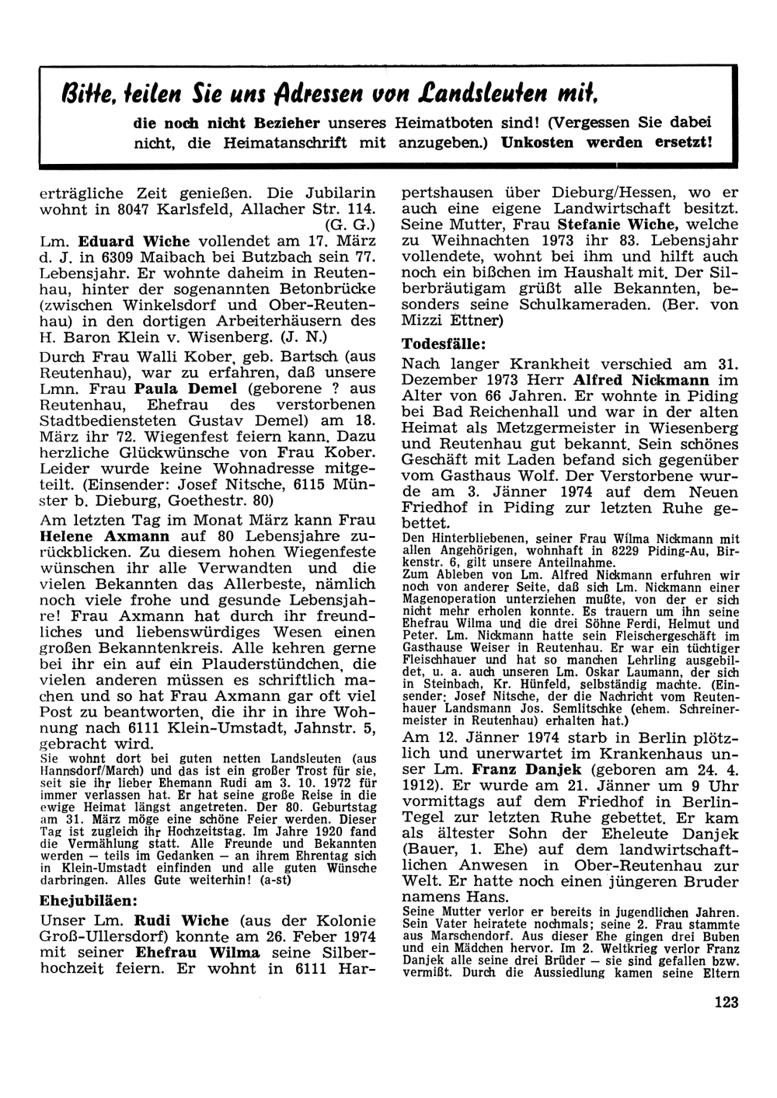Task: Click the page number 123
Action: [726, 1002]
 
